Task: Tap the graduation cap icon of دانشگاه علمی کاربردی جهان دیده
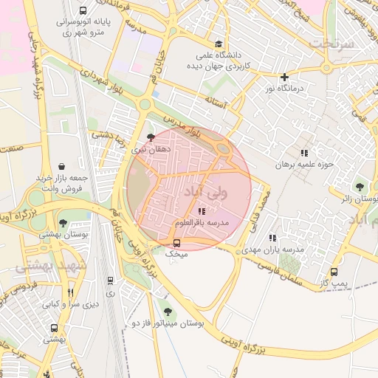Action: pos(218,44)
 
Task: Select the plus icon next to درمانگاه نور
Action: pos(284,77)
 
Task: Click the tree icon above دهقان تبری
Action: pos(151,137)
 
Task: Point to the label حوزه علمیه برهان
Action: pos(301,165)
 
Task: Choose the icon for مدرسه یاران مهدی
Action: pos(272,238)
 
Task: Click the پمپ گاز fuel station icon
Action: pos(334,272)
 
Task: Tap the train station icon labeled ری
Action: pos(110,281)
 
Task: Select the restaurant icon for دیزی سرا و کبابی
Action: pos(71,292)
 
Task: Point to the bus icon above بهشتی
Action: pos(54,328)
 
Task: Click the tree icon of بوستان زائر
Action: pos(360,187)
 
